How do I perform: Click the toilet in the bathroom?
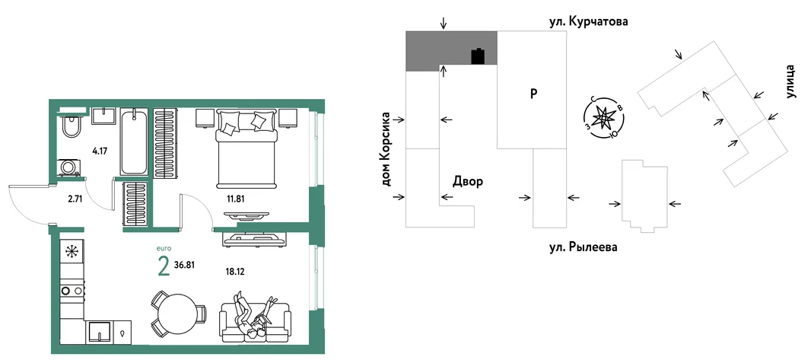70,125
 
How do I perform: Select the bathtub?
135,142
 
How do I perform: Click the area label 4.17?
100,152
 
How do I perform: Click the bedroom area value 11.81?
235,197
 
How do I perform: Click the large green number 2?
164,267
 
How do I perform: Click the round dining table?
177,312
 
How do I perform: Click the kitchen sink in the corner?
99,331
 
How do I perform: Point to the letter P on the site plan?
534,94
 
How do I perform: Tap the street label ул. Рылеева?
584,247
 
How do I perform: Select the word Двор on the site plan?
468,182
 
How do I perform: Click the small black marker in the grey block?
479,56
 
